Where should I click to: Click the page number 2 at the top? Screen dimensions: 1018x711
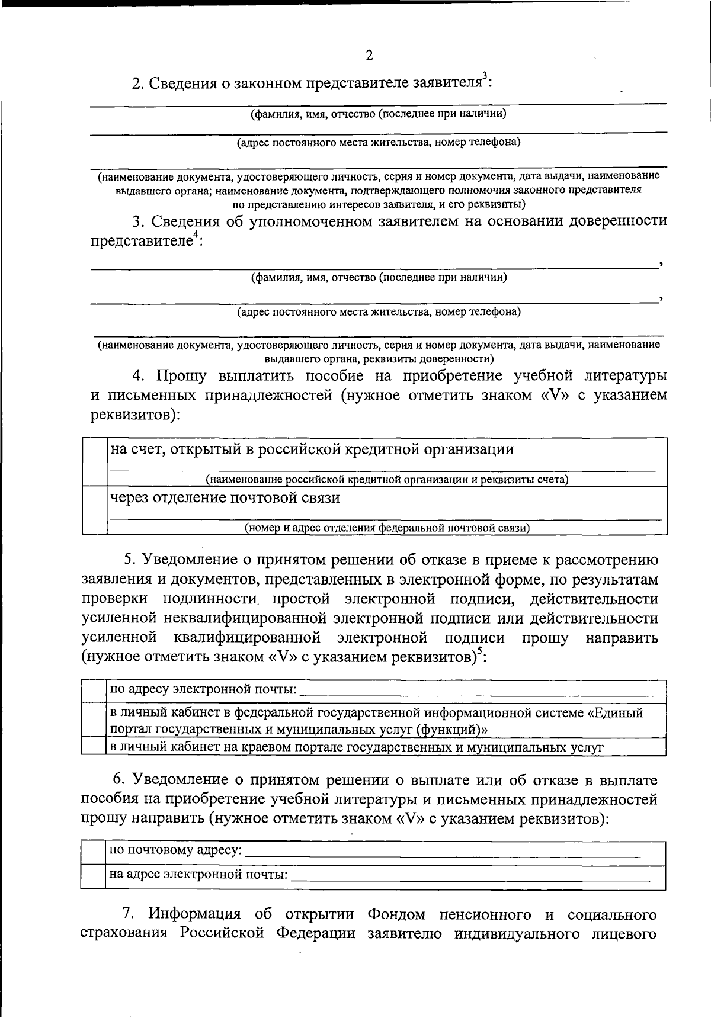(369, 56)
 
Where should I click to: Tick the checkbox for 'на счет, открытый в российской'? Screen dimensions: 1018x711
(94, 462)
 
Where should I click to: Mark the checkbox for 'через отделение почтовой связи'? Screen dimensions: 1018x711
(94, 510)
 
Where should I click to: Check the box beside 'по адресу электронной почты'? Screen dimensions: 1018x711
(93, 690)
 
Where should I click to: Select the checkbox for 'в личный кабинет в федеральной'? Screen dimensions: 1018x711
(93, 720)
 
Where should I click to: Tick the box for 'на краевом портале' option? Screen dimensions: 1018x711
(93, 747)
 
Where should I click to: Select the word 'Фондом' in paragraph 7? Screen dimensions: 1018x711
(396, 915)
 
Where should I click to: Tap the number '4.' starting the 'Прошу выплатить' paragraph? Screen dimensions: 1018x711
(138, 376)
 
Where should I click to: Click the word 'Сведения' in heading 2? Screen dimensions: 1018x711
(183, 84)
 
